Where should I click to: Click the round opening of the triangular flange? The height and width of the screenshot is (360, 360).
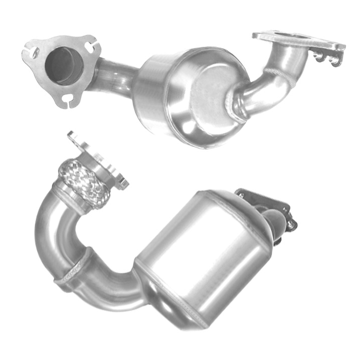(62, 65)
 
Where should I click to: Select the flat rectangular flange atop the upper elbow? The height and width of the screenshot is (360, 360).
(298, 40)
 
